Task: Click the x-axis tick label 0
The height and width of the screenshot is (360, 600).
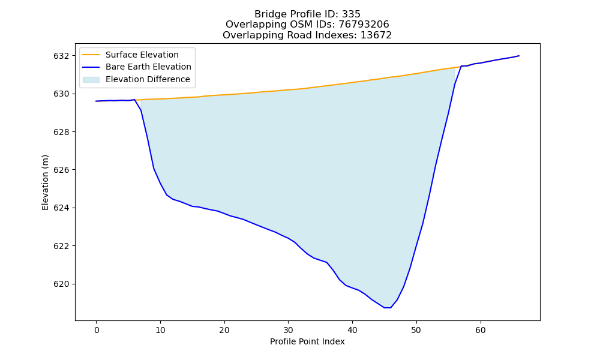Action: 97,330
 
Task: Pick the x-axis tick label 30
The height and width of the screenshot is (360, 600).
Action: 289,330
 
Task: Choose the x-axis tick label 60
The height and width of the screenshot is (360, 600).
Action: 481,330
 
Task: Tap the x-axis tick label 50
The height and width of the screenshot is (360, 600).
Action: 417,330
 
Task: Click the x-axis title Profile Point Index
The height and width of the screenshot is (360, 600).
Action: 307,341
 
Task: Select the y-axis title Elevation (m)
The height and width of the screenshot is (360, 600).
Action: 46,182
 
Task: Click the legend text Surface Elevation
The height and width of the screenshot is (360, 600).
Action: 142,55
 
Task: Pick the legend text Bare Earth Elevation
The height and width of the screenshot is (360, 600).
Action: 148,67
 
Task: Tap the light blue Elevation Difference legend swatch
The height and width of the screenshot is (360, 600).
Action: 91,80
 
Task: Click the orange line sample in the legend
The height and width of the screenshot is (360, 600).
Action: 91,55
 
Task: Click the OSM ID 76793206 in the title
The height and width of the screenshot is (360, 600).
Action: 364,25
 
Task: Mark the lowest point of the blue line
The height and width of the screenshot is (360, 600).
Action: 387,308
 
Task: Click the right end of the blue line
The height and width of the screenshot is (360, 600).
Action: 519,56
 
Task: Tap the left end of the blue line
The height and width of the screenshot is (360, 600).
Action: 96,101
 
